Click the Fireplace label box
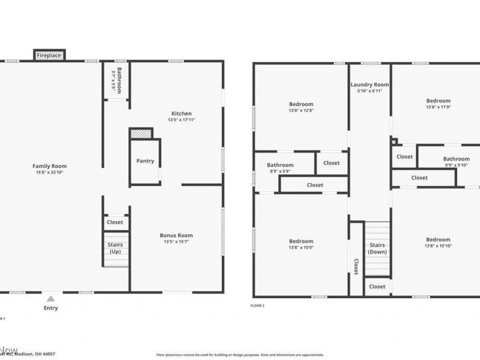point(49,55)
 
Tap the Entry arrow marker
point(51,298)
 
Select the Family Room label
point(50,166)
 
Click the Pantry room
point(145,161)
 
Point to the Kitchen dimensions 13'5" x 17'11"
point(182,120)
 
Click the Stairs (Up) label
point(115,248)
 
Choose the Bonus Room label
point(176,235)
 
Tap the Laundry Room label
point(370,85)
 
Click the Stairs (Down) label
point(377,248)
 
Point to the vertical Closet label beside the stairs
point(356,266)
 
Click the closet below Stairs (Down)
point(377,287)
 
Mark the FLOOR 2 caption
point(257,305)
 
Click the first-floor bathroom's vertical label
point(119,80)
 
